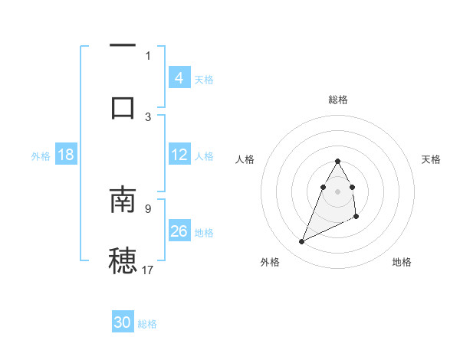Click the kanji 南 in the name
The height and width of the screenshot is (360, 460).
123,198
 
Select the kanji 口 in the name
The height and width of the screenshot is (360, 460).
123,106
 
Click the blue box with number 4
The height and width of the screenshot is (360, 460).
179,77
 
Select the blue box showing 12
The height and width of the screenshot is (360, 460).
179,155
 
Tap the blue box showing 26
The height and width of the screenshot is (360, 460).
179,231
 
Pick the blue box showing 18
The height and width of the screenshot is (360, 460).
66,155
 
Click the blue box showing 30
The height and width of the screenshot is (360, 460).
123,322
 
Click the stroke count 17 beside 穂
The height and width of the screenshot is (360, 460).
148,270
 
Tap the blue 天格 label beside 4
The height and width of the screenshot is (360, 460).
204,80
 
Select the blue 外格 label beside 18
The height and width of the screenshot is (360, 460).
41,156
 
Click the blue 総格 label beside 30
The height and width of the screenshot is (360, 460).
147,324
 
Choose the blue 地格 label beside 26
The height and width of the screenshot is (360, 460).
204,233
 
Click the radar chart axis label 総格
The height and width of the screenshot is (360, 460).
338,100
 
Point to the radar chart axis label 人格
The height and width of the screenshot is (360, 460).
245,159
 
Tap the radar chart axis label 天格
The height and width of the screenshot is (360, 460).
432,159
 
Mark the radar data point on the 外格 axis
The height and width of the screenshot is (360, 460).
301,242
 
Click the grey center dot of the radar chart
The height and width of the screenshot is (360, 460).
338,191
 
